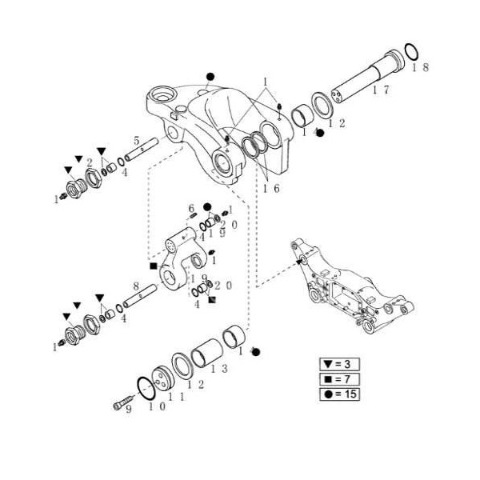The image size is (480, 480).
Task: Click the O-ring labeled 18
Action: [410, 53]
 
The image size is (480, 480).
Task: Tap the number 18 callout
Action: [420, 68]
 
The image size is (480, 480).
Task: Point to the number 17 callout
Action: [380, 90]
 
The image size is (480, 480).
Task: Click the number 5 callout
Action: [137, 140]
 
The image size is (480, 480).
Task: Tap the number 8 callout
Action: [137, 285]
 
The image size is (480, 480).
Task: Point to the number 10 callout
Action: [156, 407]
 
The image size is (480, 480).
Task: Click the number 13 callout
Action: [218, 369]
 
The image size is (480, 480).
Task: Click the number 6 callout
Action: [191, 208]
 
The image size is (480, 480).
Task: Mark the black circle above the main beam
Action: [210, 77]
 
